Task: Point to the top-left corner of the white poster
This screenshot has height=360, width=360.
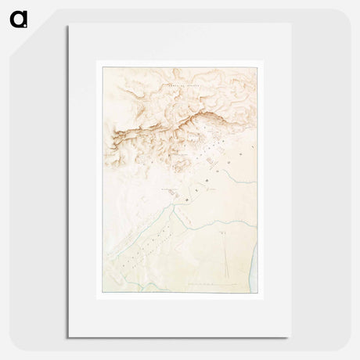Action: [68, 26]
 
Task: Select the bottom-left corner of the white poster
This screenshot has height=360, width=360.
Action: [68, 338]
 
